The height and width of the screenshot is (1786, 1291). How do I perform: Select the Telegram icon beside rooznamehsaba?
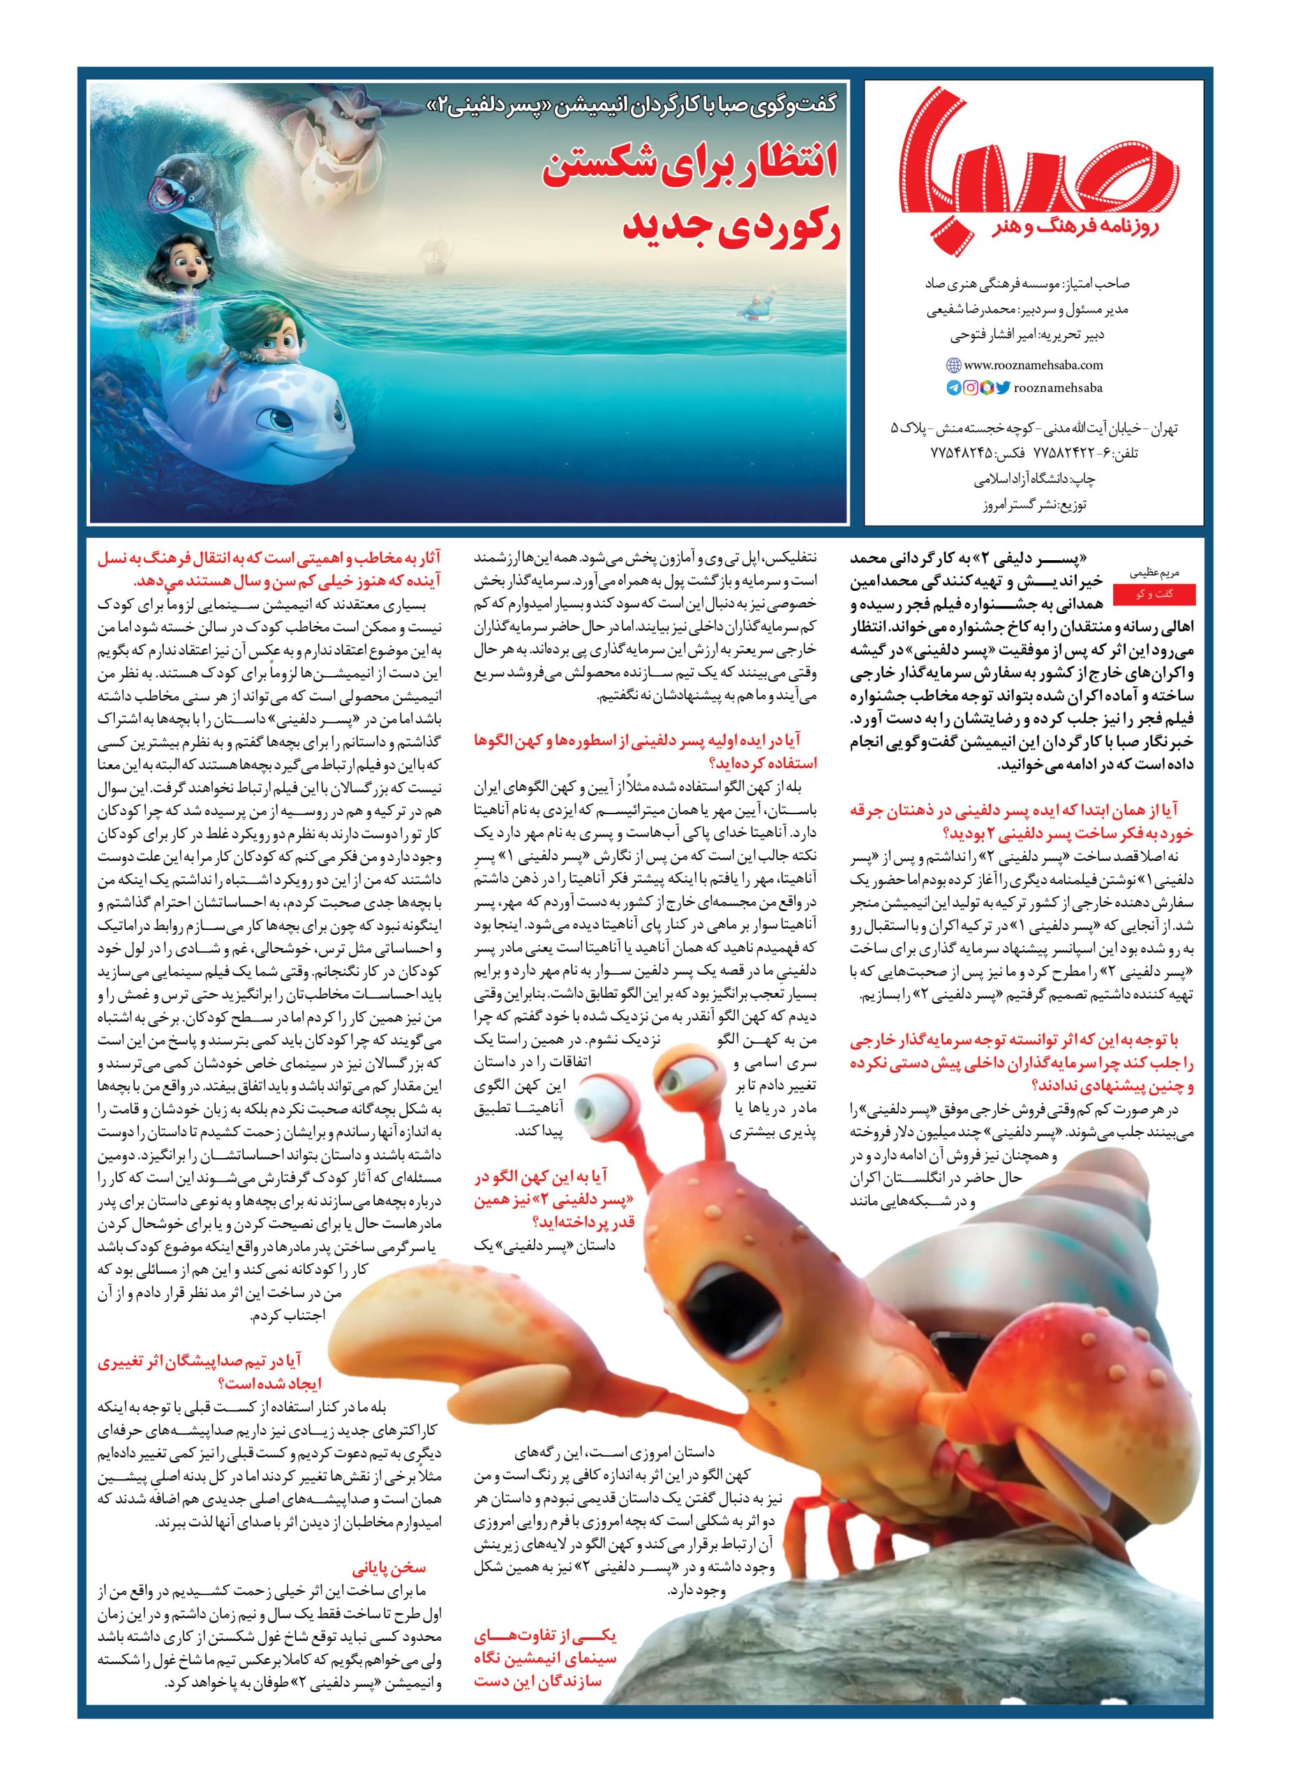point(954,387)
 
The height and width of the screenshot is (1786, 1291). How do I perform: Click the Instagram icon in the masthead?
point(971,387)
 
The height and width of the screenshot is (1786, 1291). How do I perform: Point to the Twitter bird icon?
point(1003,387)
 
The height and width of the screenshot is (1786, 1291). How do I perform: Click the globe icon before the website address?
point(953,366)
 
